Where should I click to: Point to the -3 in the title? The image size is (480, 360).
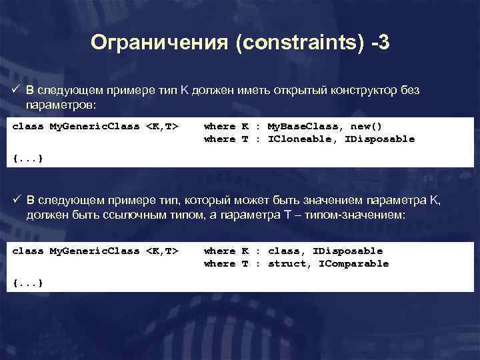point(382,44)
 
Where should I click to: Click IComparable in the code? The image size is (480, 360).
point(354,264)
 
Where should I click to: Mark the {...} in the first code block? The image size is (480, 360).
point(28,158)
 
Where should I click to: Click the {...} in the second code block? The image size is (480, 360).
point(28,283)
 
